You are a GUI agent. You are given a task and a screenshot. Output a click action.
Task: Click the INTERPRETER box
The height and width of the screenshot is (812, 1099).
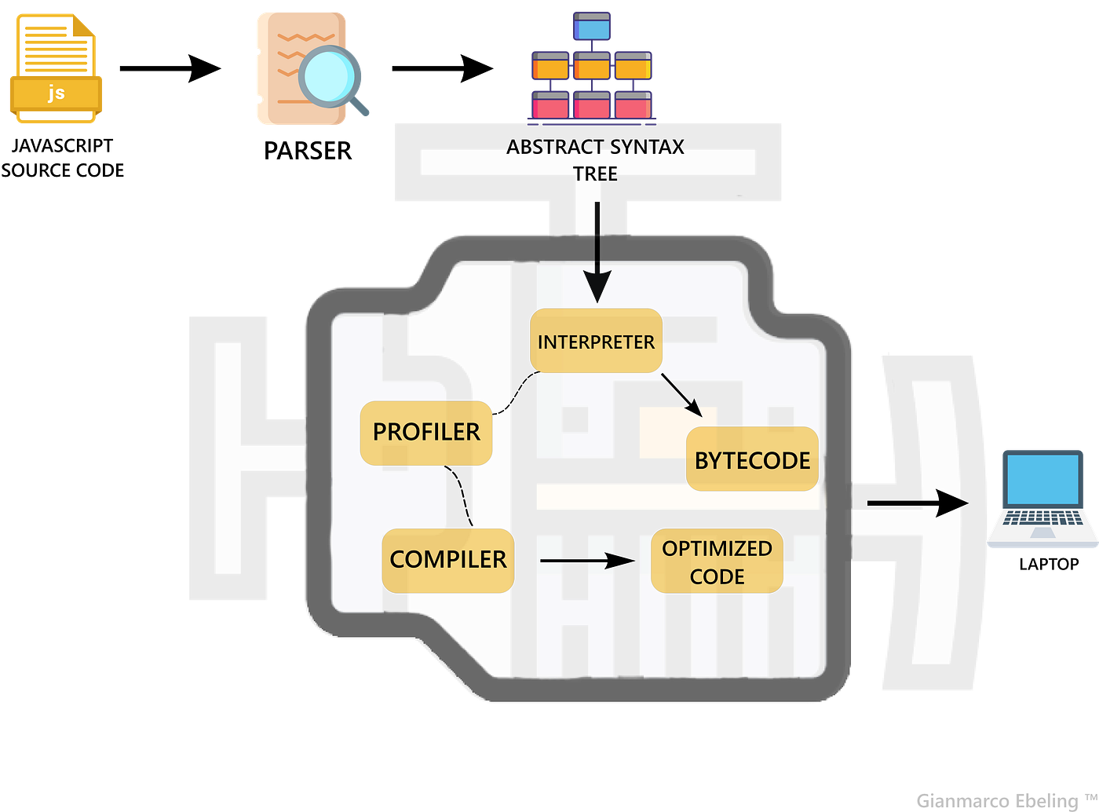(x=596, y=341)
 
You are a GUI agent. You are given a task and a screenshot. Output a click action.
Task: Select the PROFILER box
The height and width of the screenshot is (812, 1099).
(x=425, y=433)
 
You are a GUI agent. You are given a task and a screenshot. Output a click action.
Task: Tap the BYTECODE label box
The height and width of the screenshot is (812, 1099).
(x=752, y=460)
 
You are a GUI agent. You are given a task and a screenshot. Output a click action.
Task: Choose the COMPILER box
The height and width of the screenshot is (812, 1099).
(x=447, y=560)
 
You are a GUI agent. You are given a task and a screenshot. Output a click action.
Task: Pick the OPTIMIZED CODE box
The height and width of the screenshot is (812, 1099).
(x=717, y=561)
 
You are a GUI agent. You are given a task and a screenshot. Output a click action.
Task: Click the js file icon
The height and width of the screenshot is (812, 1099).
(x=55, y=69)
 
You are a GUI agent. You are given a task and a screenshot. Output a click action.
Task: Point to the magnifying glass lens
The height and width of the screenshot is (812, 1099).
(x=330, y=75)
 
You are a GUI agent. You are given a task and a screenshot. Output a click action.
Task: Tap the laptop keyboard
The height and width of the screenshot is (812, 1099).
(x=1042, y=518)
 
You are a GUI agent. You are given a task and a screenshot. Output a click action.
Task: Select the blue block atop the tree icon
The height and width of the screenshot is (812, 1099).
(x=591, y=27)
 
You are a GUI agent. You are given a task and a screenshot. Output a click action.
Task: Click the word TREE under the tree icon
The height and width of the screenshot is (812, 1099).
(x=595, y=174)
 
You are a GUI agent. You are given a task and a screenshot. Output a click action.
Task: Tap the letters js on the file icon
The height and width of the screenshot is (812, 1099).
(x=56, y=93)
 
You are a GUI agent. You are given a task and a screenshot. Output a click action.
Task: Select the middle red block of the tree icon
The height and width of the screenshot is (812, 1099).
(x=591, y=104)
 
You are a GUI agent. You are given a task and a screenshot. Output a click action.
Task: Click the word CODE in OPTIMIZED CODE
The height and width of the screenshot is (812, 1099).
(x=717, y=576)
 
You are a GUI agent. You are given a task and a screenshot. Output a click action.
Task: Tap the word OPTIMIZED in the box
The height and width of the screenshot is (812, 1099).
(x=717, y=548)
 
